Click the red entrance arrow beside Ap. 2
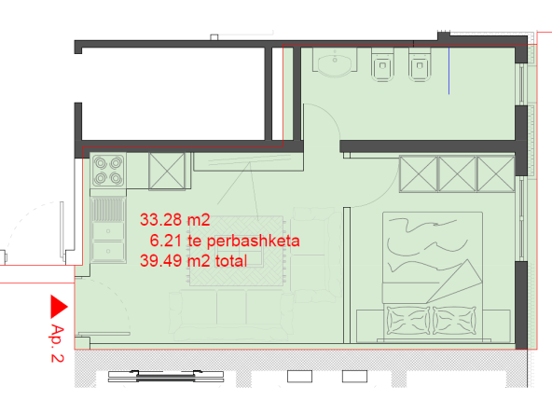tap(57, 307)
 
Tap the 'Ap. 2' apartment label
tap(57, 343)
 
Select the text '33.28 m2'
tap(175, 220)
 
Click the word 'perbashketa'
tap(253, 241)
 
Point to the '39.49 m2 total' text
tap(194, 261)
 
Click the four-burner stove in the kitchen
tap(108, 171)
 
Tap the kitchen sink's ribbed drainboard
tap(108, 210)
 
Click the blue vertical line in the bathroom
tap(448, 71)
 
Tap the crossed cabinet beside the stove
tap(167, 171)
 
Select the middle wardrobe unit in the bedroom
tap(457, 174)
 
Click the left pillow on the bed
tap(408, 321)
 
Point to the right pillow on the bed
tap(454, 321)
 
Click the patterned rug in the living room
tap(237, 250)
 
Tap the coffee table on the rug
tap(239, 251)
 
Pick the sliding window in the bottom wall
tap(166, 376)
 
